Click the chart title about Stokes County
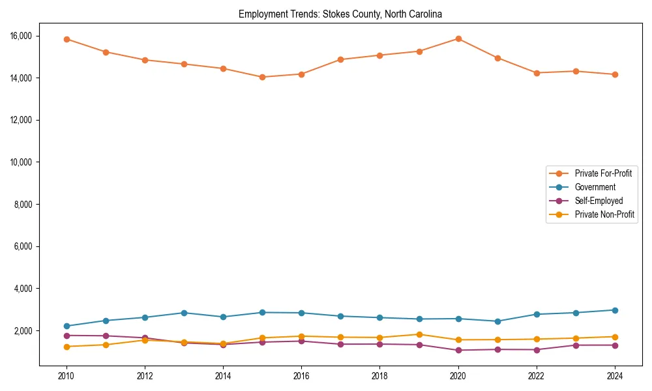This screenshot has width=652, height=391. (340, 14)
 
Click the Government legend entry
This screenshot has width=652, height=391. (595, 187)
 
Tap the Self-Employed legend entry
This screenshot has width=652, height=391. (599, 201)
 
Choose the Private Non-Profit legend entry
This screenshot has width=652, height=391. (604, 214)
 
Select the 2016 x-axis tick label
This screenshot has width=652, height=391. (301, 376)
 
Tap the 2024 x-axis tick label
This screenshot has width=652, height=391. (615, 376)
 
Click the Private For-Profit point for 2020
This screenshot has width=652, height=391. (458, 38)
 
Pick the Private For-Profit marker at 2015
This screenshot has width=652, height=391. (262, 77)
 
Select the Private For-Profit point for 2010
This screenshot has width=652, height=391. (67, 39)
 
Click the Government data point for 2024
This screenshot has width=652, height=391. (615, 310)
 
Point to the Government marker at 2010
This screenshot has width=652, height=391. (67, 326)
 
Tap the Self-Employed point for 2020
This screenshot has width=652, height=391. (458, 350)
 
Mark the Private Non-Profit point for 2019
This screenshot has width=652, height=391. (419, 334)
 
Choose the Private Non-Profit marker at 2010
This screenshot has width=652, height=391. (67, 347)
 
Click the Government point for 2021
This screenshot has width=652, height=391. (497, 321)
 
